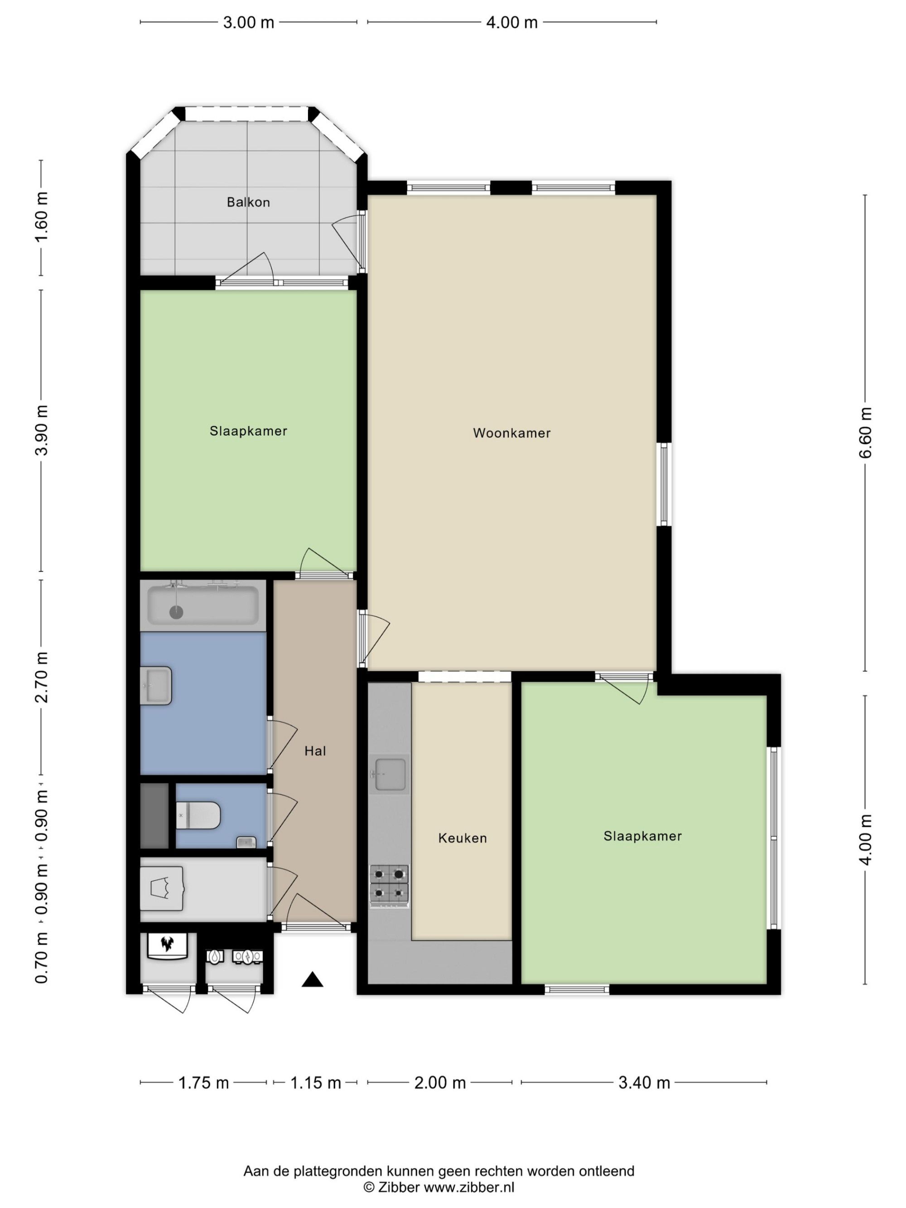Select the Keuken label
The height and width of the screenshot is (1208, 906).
(x=462, y=838)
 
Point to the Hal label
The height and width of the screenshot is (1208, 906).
(x=315, y=751)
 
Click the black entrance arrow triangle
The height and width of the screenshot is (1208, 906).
(x=313, y=979)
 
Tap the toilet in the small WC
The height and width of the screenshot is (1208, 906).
(x=198, y=816)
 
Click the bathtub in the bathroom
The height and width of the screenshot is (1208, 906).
(x=202, y=605)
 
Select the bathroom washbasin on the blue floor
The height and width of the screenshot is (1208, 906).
(x=156, y=686)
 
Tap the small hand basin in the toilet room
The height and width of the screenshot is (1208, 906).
(x=246, y=842)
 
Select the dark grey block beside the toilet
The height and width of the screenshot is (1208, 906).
(x=154, y=816)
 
